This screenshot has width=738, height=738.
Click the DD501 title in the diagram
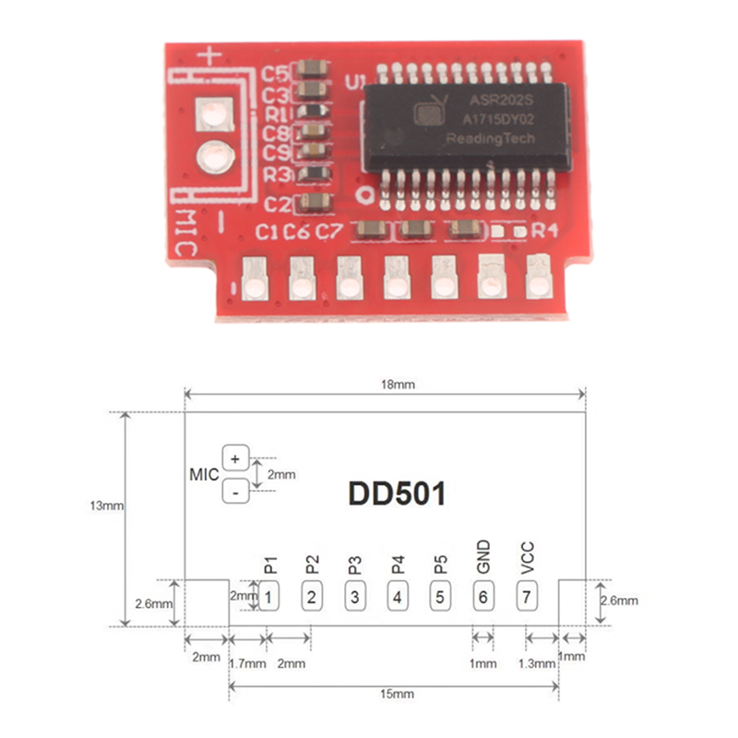397,494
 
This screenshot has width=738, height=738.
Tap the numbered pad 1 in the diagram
267,597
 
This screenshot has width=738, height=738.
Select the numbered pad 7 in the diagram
526,597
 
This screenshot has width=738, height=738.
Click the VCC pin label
527,558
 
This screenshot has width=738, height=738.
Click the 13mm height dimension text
107,506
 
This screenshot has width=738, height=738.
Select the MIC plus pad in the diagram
235,458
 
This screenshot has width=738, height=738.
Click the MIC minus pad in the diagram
235,493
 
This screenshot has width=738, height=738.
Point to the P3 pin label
354,564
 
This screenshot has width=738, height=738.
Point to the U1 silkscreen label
354,82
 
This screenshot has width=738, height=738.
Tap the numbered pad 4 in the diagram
397,597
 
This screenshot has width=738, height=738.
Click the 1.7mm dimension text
246,663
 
